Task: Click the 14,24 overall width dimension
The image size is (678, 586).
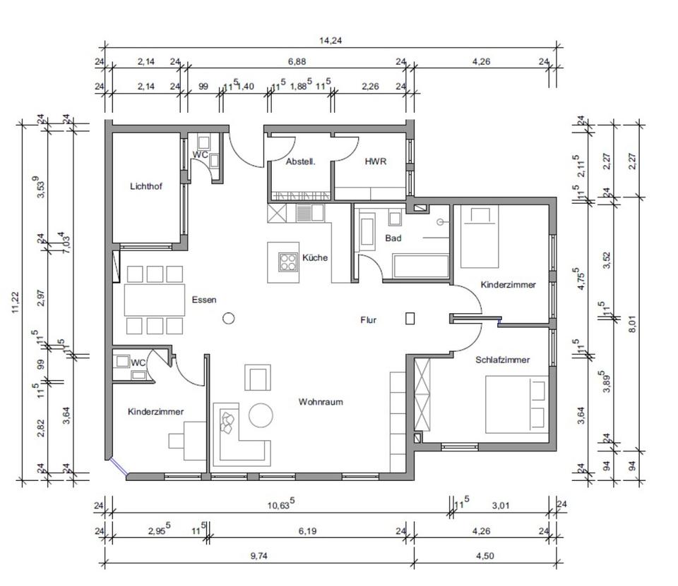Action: tap(331, 41)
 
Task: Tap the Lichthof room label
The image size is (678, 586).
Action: tap(146, 186)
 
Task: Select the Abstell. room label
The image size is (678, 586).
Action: tap(301, 162)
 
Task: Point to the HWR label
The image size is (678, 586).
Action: tap(375, 161)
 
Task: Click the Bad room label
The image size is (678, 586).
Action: tap(393, 238)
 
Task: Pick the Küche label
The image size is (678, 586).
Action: tap(315, 257)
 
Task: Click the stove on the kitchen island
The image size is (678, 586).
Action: tap(288, 262)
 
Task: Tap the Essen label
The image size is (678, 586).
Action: tap(204, 300)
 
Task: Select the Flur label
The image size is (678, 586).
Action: tap(369, 320)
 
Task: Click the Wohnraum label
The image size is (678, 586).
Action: tap(321, 402)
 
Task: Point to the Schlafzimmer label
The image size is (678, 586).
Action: tap(502, 360)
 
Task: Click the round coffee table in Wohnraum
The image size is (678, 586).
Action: tap(261, 415)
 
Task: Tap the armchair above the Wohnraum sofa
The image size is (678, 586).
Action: tap(258, 378)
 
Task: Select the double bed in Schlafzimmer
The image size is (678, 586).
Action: tap(517, 404)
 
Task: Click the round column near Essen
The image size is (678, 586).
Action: tap(229, 319)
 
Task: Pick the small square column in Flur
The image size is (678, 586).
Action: tap(410, 319)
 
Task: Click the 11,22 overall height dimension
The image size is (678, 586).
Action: tap(16, 301)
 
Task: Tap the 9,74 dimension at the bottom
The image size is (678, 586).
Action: tap(258, 556)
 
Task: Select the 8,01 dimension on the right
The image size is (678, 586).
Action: tap(633, 324)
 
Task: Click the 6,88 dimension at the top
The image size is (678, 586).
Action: tap(297, 62)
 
